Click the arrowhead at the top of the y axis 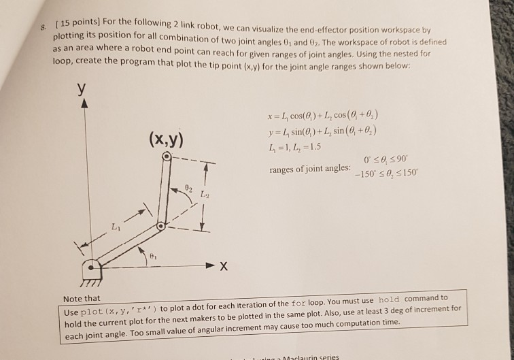click(84, 104)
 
